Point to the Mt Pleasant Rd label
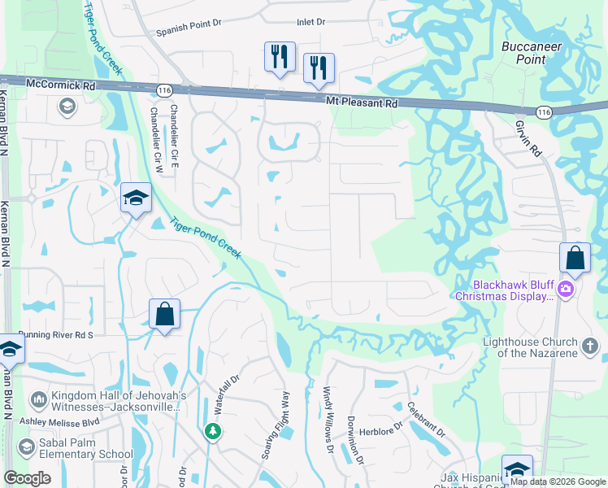[x=362, y=102]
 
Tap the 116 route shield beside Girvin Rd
[x=544, y=111]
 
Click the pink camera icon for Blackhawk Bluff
[x=566, y=289]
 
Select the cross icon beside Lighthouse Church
[x=591, y=347]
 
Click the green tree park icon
[x=212, y=431]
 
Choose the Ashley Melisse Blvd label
[x=59, y=421]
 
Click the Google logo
[x=28, y=478]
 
